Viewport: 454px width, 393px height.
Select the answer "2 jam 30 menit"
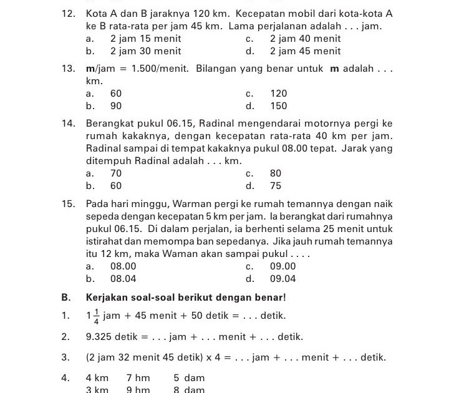(145, 51)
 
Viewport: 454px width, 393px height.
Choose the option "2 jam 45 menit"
(305, 51)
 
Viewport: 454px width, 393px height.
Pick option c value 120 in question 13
(279, 94)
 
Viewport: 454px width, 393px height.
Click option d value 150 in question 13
(279, 106)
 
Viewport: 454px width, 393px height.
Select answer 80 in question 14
(276, 173)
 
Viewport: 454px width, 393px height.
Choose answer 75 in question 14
(276, 186)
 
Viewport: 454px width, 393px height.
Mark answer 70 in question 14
(116, 173)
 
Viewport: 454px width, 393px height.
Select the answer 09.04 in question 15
(283, 279)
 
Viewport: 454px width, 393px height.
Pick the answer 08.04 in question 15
(123, 279)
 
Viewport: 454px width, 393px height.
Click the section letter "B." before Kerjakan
(66, 297)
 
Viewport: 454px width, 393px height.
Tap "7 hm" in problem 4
(138, 378)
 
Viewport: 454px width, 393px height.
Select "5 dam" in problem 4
(189, 378)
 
